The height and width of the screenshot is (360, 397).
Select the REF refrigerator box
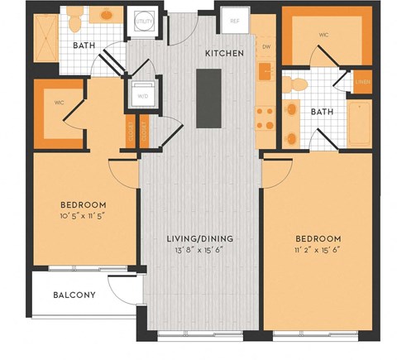pos(234,20)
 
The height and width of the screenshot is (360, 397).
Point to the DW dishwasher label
pos(265,48)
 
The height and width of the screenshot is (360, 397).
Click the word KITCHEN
pos(224,53)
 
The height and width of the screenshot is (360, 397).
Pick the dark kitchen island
pos(206,98)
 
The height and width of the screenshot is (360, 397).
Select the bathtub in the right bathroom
pos(361,124)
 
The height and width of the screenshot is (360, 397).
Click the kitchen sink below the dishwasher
pos(266,73)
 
